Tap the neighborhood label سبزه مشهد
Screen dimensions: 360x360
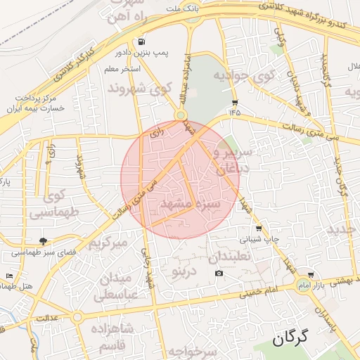pos(191,204)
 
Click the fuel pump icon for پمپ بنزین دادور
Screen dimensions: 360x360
pos(143,41)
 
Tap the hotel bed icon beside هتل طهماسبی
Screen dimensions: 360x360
pos(9,275)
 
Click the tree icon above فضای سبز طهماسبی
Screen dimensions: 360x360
pos(45,241)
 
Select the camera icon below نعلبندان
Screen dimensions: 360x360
pos(219,273)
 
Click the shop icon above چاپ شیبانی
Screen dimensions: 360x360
pos(259,229)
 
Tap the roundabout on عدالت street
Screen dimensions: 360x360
pos(77,318)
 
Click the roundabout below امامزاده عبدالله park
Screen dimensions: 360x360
pos(181,115)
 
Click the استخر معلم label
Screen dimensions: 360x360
pos(122,70)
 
